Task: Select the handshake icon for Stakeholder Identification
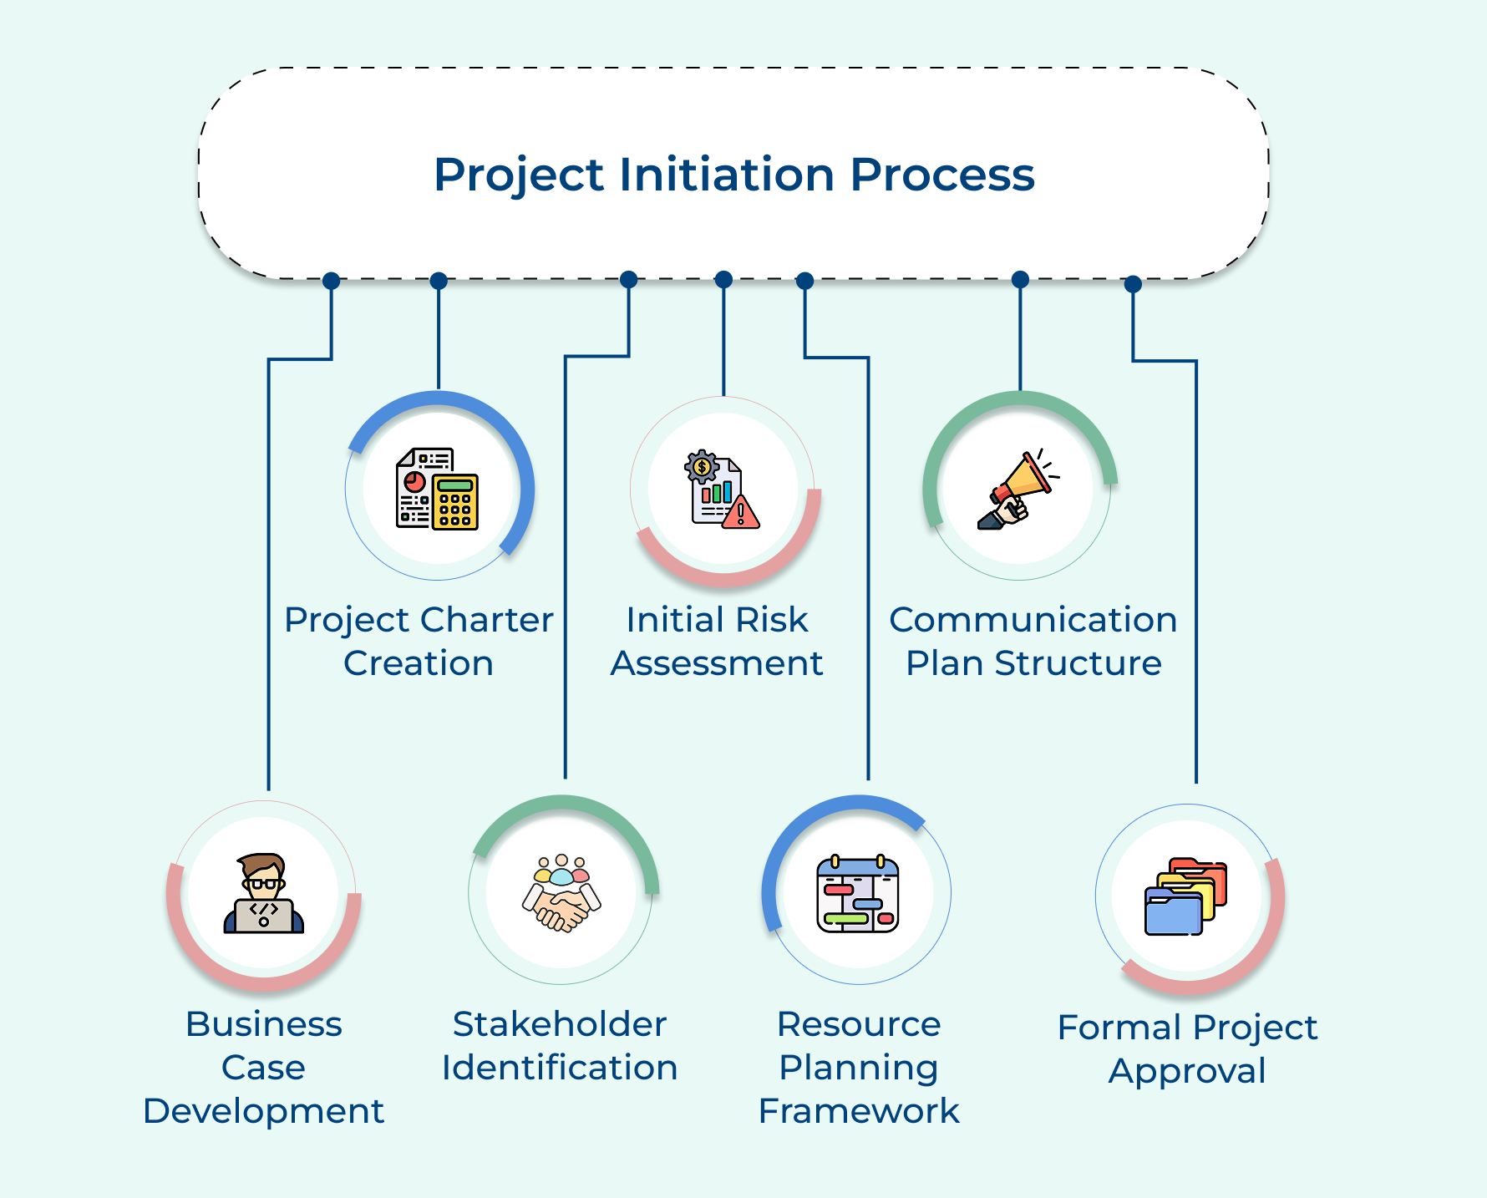pyautogui.click(x=561, y=894)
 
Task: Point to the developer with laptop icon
pyautogui.click(x=263, y=894)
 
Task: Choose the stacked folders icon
pyautogui.click(x=1185, y=896)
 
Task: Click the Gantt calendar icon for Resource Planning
pyautogui.click(x=858, y=894)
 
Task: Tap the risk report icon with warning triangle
pyautogui.click(x=722, y=490)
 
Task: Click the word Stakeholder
pyautogui.click(x=559, y=1024)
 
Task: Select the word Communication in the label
pyautogui.click(x=1033, y=620)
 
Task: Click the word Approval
pyautogui.click(x=1187, y=1071)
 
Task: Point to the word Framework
pyautogui.click(x=859, y=1111)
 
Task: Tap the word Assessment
pyautogui.click(x=717, y=663)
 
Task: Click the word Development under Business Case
pyautogui.click(x=263, y=1111)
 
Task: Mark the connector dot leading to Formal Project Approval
pyautogui.click(x=1133, y=284)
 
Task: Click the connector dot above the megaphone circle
pyautogui.click(x=1020, y=279)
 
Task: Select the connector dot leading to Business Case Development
pyautogui.click(x=332, y=281)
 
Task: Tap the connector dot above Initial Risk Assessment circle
pyautogui.click(x=724, y=279)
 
